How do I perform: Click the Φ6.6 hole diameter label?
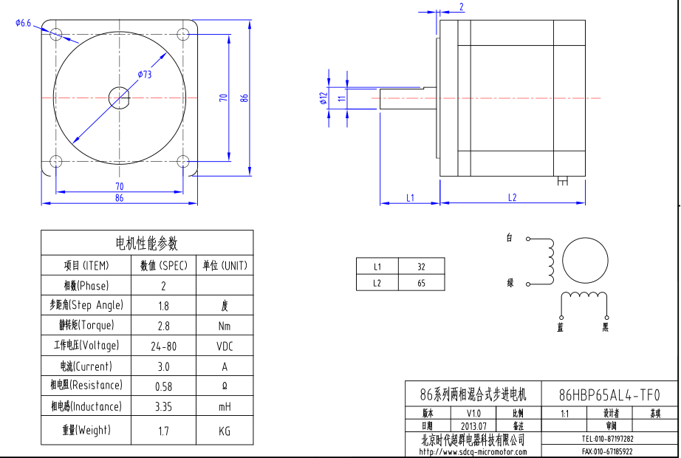click(x=23, y=24)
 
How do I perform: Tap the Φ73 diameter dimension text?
click(x=144, y=75)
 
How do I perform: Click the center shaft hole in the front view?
click(x=119, y=98)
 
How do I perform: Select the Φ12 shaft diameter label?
click(x=324, y=98)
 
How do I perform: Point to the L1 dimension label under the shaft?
click(x=410, y=197)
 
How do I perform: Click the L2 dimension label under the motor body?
click(x=512, y=197)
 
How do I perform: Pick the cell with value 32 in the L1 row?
click(x=421, y=267)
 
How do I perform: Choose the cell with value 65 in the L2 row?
click(x=421, y=283)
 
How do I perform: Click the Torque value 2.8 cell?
click(x=163, y=326)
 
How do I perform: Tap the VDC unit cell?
click(x=225, y=346)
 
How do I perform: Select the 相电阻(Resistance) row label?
click(x=86, y=386)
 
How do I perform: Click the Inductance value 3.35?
click(x=163, y=406)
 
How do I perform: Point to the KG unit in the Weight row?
click(x=225, y=430)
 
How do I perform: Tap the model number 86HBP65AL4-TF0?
click(x=609, y=394)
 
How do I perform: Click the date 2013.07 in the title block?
click(x=473, y=426)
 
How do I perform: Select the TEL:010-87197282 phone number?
click(x=608, y=438)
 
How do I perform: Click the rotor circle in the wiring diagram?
click(x=584, y=262)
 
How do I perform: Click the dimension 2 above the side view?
click(x=462, y=7)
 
